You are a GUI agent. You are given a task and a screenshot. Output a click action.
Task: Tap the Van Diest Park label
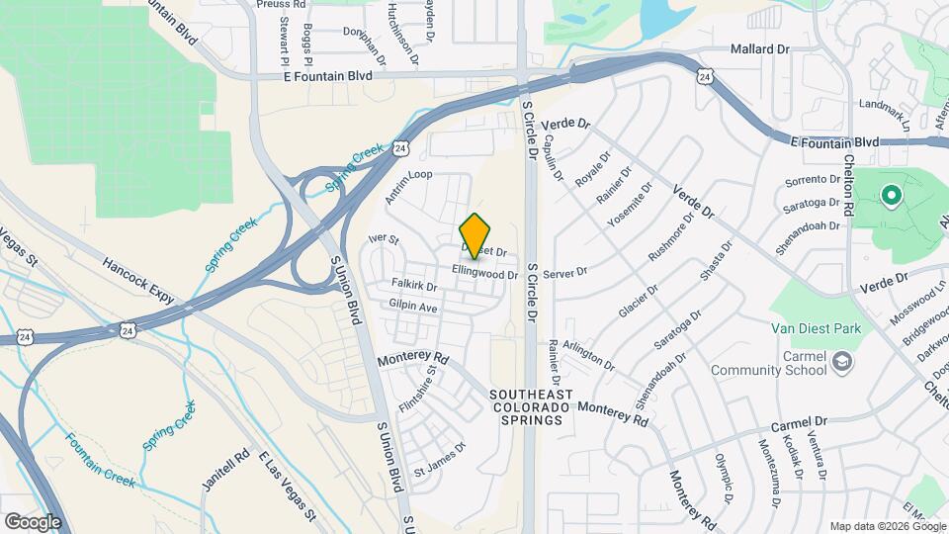pos(816,328)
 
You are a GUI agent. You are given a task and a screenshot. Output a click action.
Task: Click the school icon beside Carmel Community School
pos(842,361)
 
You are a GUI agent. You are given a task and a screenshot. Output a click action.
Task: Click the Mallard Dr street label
pos(759,48)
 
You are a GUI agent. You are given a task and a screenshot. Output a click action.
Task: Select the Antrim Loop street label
pos(409,187)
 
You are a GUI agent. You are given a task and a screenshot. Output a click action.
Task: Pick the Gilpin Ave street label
pos(413,308)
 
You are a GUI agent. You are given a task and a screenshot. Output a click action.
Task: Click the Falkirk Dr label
pos(414,285)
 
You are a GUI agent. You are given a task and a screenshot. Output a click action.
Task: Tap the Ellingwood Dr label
pos(485,273)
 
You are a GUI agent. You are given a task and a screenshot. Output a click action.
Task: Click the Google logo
pos(33,521)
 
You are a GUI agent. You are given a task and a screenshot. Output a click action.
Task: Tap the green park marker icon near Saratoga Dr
pos(891,195)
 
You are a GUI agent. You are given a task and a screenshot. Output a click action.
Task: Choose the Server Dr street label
pos(565,271)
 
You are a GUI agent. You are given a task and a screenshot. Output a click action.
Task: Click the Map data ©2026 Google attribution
pos(888,526)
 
